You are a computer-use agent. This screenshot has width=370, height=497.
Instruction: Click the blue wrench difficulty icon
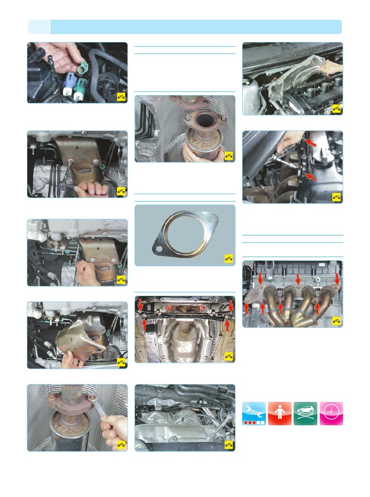[x=254, y=413]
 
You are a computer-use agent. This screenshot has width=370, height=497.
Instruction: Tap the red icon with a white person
[x=279, y=413]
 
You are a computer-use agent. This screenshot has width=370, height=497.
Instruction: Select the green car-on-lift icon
[x=305, y=413]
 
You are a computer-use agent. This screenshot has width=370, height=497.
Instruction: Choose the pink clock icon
[x=331, y=413]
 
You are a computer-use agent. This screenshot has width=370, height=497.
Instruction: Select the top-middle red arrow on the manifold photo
[x=298, y=279]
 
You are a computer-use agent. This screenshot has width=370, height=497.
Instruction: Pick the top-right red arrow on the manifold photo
[x=337, y=278]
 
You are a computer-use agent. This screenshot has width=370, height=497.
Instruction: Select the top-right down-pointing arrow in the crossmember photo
[x=231, y=306]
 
